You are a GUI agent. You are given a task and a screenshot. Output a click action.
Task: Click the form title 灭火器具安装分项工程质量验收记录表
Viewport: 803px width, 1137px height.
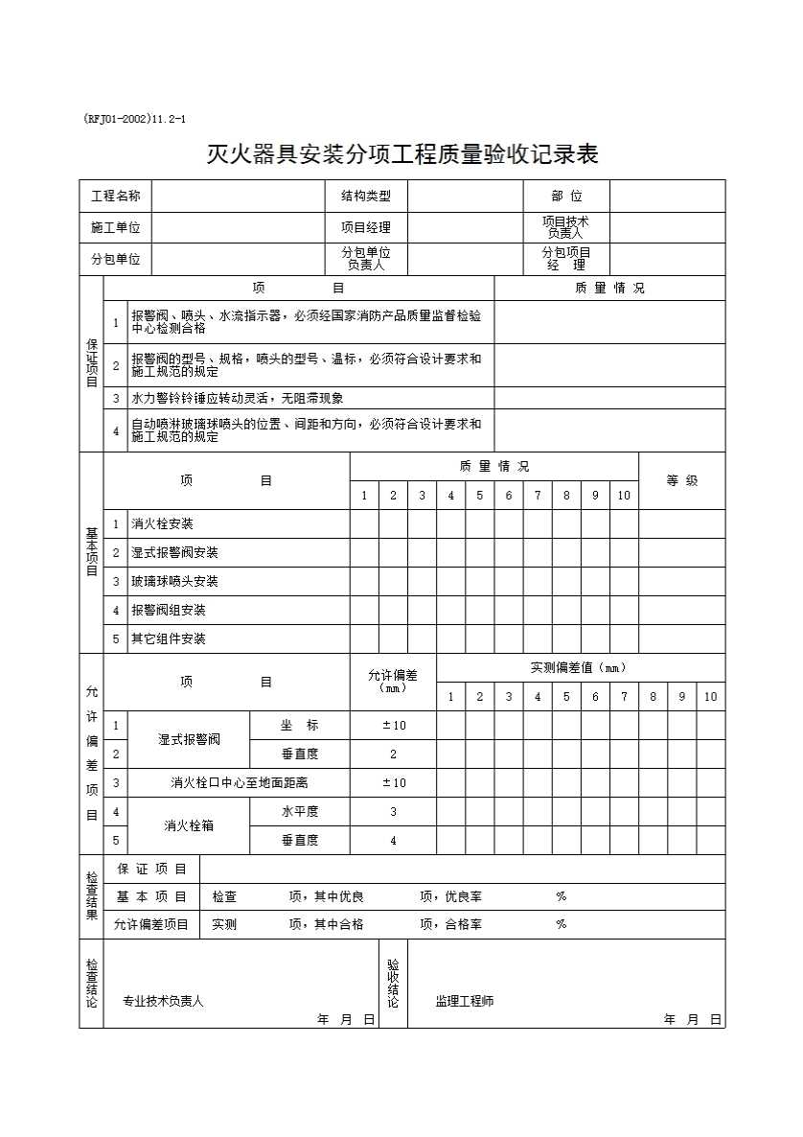(x=402, y=153)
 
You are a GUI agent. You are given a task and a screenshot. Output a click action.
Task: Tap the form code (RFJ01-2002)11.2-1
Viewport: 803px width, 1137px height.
(x=134, y=119)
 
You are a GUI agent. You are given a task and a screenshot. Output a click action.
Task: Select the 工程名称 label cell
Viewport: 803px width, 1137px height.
(x=115, y=196)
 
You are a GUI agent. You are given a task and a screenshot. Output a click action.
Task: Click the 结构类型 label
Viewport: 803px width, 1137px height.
(x=366, y=196)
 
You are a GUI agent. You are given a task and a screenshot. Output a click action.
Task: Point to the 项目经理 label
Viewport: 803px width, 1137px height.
(x=366, y=227)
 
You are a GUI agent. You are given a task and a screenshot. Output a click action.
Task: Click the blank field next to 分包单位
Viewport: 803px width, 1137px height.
(x=239, y=259)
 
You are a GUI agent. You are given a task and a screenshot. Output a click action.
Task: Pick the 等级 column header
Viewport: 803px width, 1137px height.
(x=682, y=480)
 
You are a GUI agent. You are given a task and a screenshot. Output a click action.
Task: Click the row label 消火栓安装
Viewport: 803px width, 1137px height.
(x=162, y=524)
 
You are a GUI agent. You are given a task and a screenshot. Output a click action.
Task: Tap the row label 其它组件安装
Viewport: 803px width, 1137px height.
(x=168, y=638)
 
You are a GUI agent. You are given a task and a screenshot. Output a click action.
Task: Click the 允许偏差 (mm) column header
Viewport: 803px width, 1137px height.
(x=393, y=681)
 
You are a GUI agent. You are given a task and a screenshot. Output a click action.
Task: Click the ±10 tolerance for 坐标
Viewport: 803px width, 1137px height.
(x=393, y=726)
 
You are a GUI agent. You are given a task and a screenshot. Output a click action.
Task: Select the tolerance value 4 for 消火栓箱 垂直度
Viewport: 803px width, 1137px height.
(x=393, y=840)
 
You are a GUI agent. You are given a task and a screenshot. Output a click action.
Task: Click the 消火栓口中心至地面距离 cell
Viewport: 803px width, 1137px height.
(x=239, y=782)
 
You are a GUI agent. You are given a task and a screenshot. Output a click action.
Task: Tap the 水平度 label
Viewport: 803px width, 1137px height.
(x=299, y=811)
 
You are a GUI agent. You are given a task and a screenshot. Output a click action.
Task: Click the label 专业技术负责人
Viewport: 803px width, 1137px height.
(x=163, y=1001)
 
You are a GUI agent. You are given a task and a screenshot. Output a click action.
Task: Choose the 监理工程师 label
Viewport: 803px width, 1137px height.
(x=465, y=1001)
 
